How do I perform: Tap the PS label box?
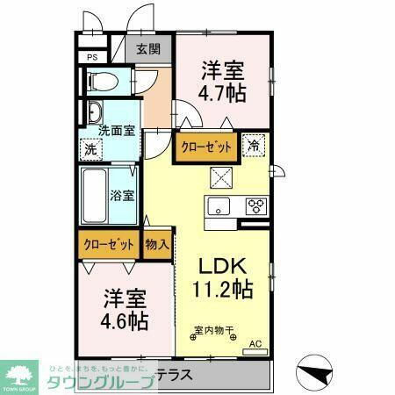[91, 58]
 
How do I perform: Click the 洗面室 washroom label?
[117, 130]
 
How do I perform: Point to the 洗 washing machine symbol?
[90, 149]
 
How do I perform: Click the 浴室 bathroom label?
[122, 195]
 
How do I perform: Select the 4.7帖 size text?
[222, 93]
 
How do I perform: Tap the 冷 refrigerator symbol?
[252, 146]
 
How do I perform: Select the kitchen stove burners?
[255, 207]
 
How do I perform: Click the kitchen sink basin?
[217, 207]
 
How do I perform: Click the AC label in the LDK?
[255, 343]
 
